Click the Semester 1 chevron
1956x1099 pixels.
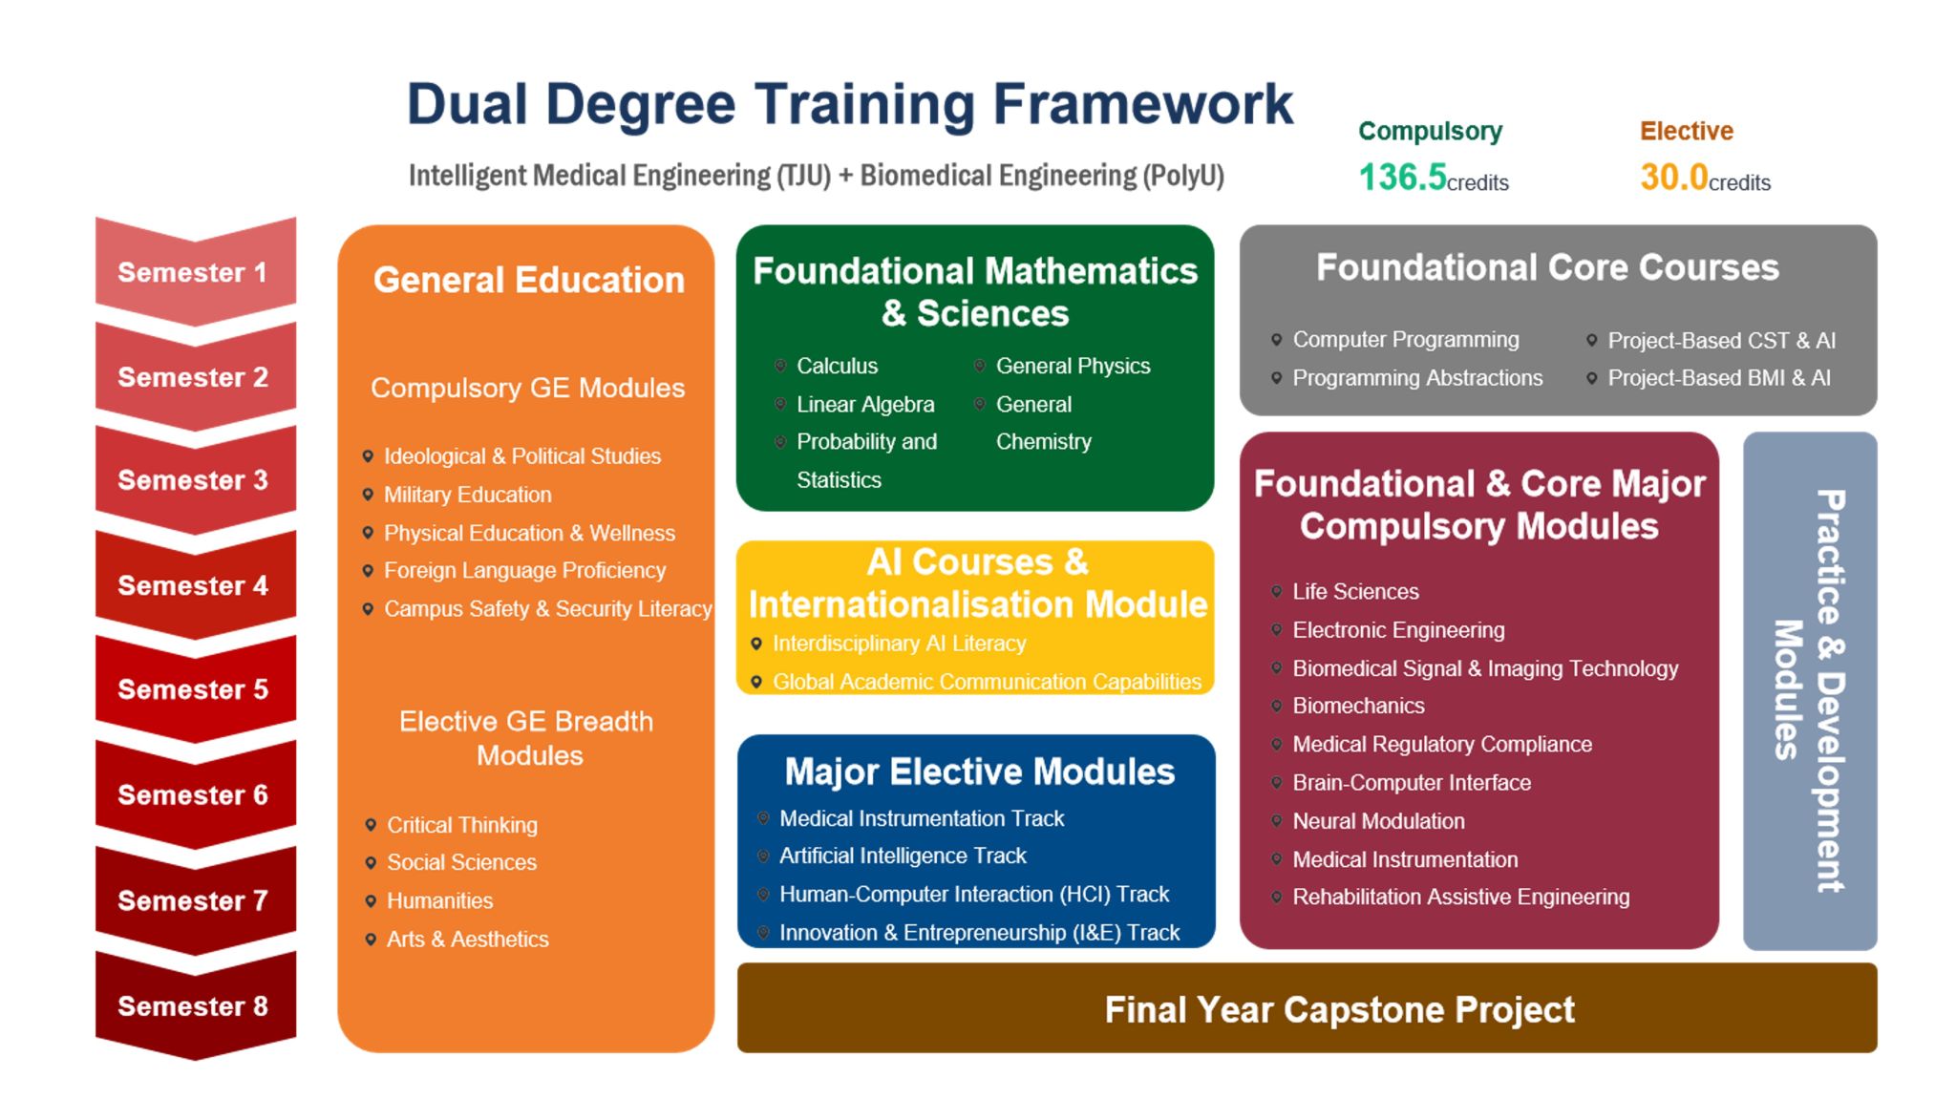click(195, 272)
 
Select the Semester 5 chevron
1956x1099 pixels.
click(195, 689)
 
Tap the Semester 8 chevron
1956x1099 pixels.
click(195, 1006)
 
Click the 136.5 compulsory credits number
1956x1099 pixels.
click(1402, 177)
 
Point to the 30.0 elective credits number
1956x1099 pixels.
click(1673, 177)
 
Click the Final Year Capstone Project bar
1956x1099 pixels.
click(1307, 1008)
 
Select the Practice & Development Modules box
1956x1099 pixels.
click(1810, 690)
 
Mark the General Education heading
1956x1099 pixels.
click(528, 280)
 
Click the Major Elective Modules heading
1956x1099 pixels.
click(979, 771)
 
